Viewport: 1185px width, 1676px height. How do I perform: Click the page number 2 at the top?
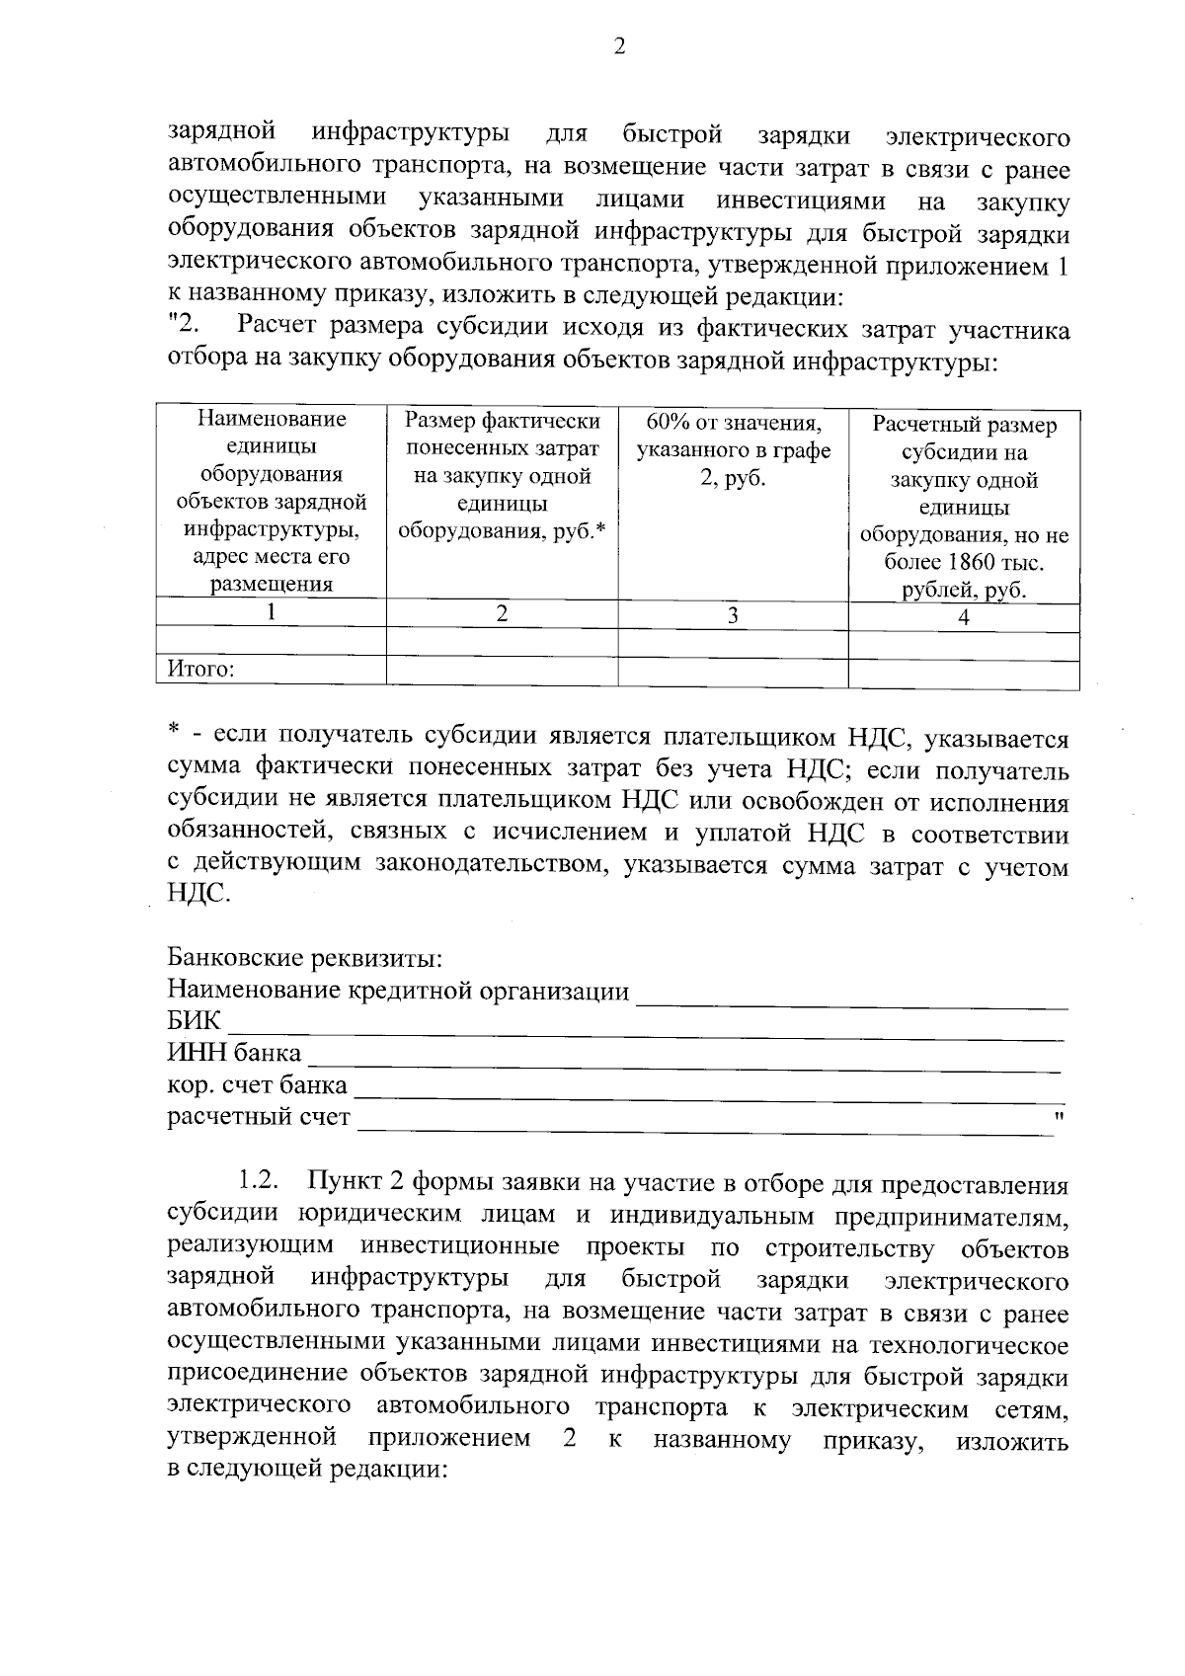619,47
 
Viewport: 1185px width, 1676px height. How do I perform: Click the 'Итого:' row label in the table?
200,671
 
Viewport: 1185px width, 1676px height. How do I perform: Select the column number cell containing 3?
733,615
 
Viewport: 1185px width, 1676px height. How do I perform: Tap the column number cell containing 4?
964,617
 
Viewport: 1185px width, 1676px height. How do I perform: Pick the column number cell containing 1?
271,611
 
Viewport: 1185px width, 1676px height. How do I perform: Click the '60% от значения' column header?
733,423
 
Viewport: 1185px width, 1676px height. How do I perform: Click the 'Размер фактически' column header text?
502,421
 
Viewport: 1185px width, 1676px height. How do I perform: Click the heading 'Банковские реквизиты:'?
304,958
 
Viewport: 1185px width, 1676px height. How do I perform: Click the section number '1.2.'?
260,1181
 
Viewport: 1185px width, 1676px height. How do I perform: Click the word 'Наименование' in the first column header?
273,419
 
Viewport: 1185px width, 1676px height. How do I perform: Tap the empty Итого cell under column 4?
963,675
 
